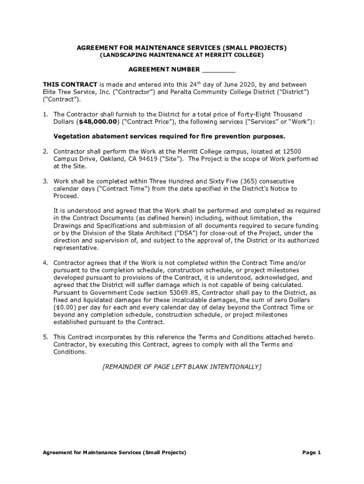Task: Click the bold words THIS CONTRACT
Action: point(70,85)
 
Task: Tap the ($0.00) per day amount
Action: point(66,308)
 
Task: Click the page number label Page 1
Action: point(312,452)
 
